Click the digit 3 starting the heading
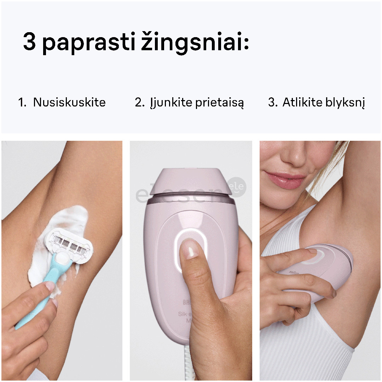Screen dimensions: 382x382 [x=30, y=42]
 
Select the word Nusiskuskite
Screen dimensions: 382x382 [x=69, y=103]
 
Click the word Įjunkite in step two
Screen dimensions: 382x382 [x=166, y=103]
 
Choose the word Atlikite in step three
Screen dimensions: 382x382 [x=302, y=103]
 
